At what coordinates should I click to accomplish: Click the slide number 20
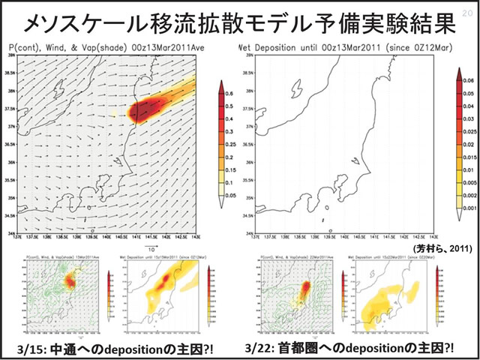pos(469,7)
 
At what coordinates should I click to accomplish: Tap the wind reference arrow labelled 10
pos(151,244)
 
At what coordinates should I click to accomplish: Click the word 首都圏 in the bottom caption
pos(298,349)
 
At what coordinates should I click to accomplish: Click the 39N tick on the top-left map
pos(11,55)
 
